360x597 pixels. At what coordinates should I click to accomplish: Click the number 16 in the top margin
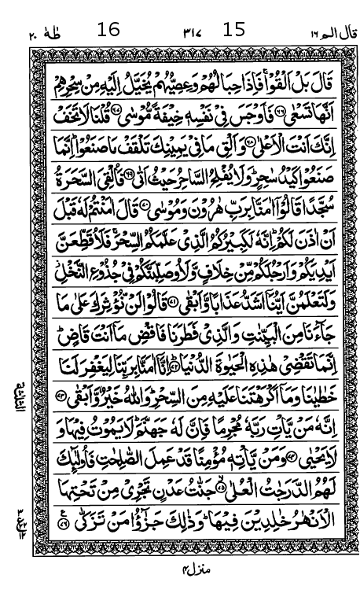click(108, 29)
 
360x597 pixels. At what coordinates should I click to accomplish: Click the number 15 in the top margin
click(233, 29)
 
